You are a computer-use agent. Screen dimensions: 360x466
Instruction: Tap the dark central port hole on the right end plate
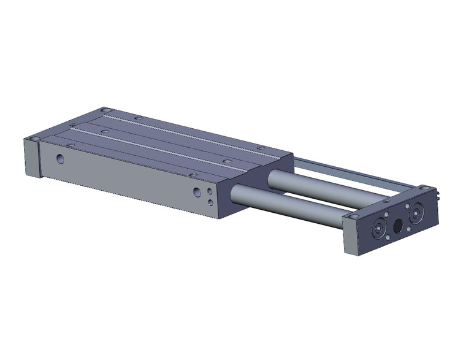[398, 226]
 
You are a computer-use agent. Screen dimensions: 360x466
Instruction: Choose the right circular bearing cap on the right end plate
[417, 213]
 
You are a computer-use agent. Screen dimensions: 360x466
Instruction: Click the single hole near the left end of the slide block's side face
[60, 159]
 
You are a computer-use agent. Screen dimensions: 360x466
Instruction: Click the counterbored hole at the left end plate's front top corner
[36, 139]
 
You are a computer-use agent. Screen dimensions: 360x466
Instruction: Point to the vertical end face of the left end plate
[31, 158]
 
